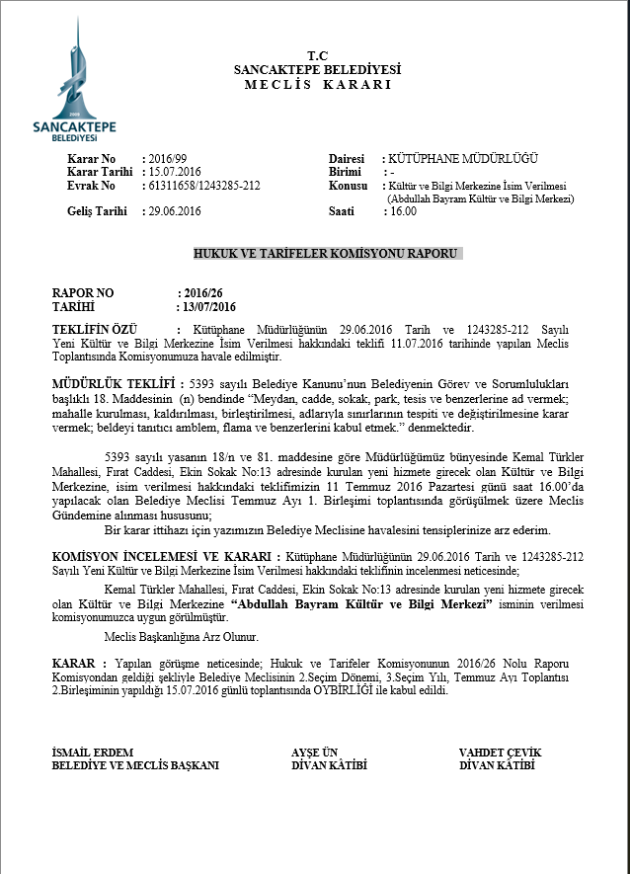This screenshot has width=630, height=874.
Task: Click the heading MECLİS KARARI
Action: click(x=317, y=84)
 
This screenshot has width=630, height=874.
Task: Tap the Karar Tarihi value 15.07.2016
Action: click(x=175, y=172)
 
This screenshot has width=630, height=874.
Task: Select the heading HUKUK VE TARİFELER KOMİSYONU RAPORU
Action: click(x=326, y=254)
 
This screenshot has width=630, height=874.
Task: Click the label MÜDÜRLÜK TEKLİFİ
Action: click(x=113, y=382)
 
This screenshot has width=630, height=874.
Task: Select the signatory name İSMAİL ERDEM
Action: click(x=93, y=753)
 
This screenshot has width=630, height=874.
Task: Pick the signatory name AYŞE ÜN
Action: click(x=315, y=753)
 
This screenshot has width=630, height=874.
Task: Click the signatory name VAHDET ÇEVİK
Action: click(x=500, y=753)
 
